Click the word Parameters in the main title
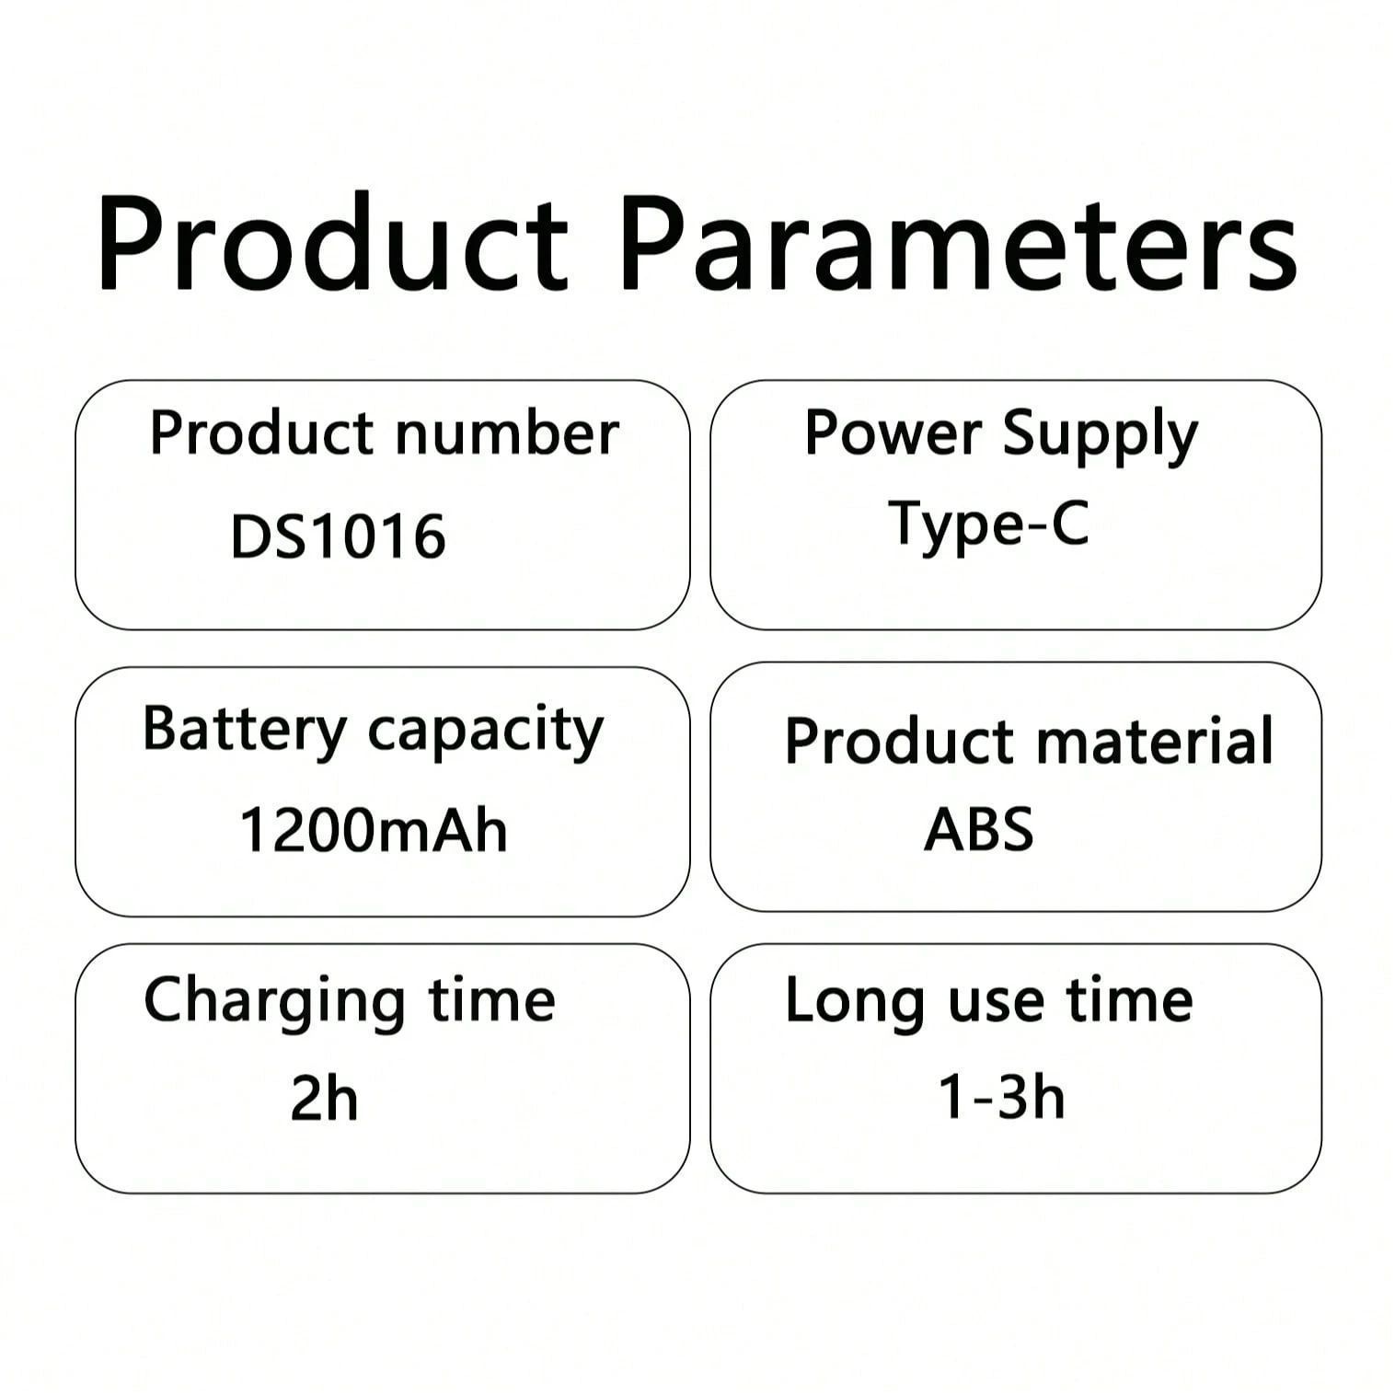(x=959, y=244)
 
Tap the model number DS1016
(x=338, y=536)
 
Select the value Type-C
(x=988, y=524)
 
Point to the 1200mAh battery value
(x=374, y=829)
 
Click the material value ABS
(x=978, y=828)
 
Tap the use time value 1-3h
(x=1001, y=1097)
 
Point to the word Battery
(x=244, y=731)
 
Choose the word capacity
(x=486, y=733)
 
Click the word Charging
(x=274, y=1003)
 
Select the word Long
(x=855, y=1003)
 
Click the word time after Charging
(x=492, y=999)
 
